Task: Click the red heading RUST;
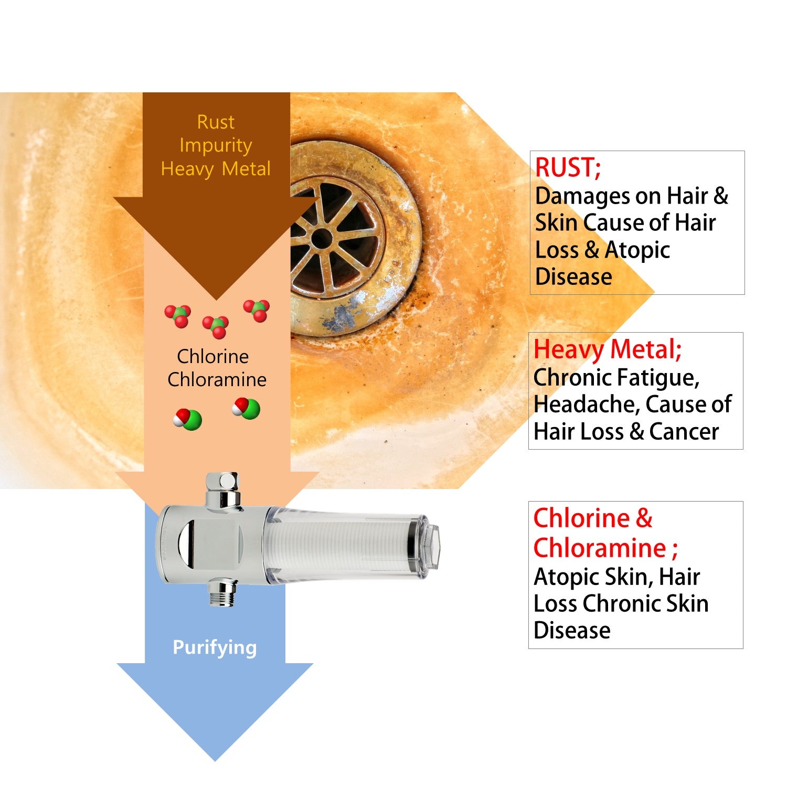pyautogui.click(x=568, y=168)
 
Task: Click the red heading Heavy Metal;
pyautogui.click(x=607, y=349)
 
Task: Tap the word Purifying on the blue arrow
pyautogui.click(x=215, y=647)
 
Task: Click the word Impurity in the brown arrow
pyautogui.click(x=216, y=145)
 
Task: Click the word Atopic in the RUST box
pyautogui.click(x=637, y=250)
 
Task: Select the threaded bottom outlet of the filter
pyautogui.click(x=221, y=593)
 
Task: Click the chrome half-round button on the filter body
pyautogui.click(x=184, y=546)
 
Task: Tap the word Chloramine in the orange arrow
pyautogui.click(x=217, y=380)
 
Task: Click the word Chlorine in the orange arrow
pyautogui.click(x=212, y=357)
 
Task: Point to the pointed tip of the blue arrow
pyautogui.click(x=215, y=758)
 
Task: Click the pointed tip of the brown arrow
pyautogui.click(x=216, y=298)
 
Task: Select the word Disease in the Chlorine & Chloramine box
pyautogui.click(x=572, y=630)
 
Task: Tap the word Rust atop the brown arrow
pyautogui.click(x=216, y=122)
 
